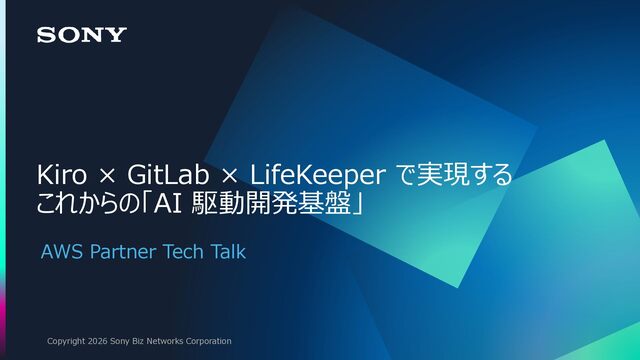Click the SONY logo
pyautogui.click(x=82, y=35)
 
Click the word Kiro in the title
pyautogui.click(x=61, y=175)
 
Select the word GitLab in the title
pyautogui.click(x=168, y=175)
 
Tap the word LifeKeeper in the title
pyautogui.click(x=317, y=176)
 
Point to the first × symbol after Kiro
pyautogui.click(x=107, y=177)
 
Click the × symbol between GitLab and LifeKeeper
pyautogui.click(x=229, y=177)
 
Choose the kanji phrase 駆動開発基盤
pyautogui.click(x=271, y=203)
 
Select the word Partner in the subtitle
pyautogui.click(x=123, y=251)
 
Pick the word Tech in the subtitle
pyautogui.click(x=183, y=251)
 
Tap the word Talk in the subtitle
pyautogui.click(x=228, y=251)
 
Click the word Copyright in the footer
pyautogui.click(x=66, y=341)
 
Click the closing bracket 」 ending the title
pyautogui.click(x=358, y=203)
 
